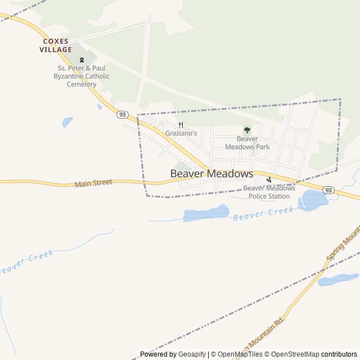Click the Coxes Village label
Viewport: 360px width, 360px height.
point(56,46)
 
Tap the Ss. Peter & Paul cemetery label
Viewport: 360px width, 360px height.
point(82,76)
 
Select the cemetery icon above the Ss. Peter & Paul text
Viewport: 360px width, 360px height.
point(82,59)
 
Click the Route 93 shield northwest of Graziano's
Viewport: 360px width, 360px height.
point(122,114)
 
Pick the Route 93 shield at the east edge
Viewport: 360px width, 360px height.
point(328,190)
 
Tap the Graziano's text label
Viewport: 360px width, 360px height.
point(181,133)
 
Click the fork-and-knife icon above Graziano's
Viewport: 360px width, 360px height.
point(181,125)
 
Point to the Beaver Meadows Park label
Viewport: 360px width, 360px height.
point(247,143)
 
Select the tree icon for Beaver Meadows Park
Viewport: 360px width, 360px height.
point(247,130)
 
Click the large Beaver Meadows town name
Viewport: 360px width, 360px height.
point(211,174)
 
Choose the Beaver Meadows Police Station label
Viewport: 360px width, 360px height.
point(269,192)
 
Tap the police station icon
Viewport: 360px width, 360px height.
point(269,180)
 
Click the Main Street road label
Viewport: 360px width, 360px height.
point(93,183)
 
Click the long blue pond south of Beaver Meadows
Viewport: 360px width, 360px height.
point(206,214)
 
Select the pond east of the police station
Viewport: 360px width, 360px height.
point(313,200)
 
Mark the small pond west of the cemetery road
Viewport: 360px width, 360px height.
point(67,121)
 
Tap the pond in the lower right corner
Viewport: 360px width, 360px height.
point(337,280)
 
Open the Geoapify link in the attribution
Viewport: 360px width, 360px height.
point(192,354)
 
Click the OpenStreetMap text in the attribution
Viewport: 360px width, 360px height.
point(292,354)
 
